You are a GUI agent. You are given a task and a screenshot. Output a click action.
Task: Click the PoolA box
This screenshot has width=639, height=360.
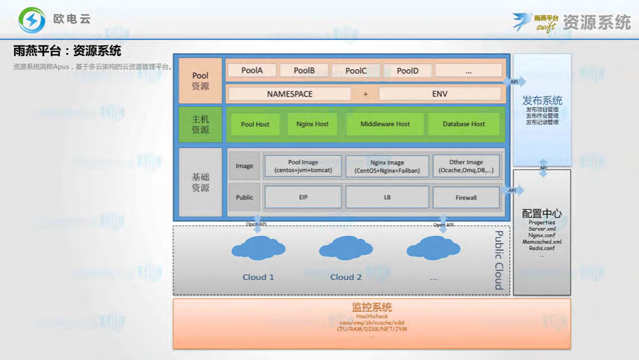pyautogui.click(x=252, y=71)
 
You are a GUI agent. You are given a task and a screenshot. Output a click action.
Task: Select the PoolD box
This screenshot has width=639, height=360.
pyautogui.click(x=407, y=71)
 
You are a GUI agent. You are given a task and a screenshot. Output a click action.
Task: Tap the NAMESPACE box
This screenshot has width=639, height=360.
pyautogui.click(x=289, y=94)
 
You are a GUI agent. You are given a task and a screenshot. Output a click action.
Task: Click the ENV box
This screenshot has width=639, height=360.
pyautogui.click(x=440, y=94)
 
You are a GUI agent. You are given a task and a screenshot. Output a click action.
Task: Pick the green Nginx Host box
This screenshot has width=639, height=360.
pyautogui.click(x=313, y=124)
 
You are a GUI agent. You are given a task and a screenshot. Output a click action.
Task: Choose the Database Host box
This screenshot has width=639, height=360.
pyautogui.click(x=464, y=124)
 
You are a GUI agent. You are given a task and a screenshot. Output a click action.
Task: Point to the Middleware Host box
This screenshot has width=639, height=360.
pyautogui.click(x=384, y=124)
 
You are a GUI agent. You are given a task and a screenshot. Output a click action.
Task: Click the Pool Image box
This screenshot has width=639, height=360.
pyautogui.click(x=303, y=166)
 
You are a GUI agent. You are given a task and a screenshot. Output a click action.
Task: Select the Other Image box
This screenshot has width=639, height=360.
pyautogui.click(x=466, y=166)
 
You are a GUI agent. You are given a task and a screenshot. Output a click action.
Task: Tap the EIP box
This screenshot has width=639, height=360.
pyautogui.click(x=303, y=197)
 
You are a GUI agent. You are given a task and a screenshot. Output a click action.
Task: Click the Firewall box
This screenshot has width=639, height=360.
pyautogui.click(x=466, y=197)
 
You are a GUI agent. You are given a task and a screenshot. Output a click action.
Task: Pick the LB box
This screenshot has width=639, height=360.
pyautogui.click(x=387, y=197)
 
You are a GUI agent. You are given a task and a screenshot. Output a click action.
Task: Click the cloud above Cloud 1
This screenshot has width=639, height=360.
pyautogui.click(x=258, y=249)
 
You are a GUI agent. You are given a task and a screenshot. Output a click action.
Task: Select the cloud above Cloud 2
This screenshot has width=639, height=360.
pyautogui.click(x=346, y=248)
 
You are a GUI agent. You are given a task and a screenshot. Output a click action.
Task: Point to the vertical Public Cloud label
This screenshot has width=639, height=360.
pyautogui.click(x=498, y=260)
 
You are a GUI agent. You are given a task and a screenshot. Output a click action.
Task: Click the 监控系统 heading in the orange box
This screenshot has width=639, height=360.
pyautogui.click(x=372, y=307)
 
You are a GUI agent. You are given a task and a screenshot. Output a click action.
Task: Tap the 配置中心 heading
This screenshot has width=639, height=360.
pyautogui.click(x=542, y=214)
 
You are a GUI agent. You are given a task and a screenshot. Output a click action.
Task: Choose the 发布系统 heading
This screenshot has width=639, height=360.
pyautogui.click(x=542, y=101)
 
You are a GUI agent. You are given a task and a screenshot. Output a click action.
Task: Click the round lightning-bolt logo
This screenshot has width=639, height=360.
pyautogui.click(x=32, y=20)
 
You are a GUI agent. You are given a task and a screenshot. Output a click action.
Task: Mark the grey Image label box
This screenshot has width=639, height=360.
pyautogui.click(x=244, y=166)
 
